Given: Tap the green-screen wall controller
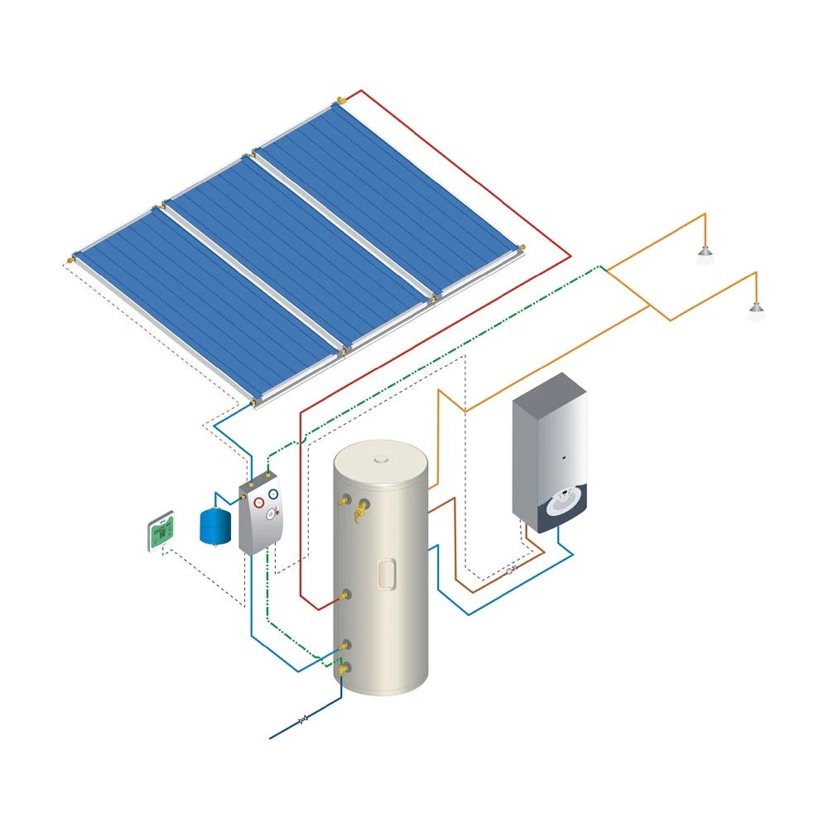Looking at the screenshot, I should pyautogui.click(x=161, y=532).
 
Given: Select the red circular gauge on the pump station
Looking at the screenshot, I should pyautogui.click(x=259, y=503).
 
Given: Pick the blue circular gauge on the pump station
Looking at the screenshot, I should pyautogui.click(x=272, y=494).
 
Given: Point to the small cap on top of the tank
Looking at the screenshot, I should pyautogui.click(x=381, y=456).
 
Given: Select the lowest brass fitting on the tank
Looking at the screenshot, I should pyautogui.click(x=344, y=667).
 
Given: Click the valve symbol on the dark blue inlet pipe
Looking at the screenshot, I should pyautogui.click(x=303, y=719).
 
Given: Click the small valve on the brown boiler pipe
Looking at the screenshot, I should pyautogui.click(x=510, y=570).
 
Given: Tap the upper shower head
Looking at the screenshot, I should pyautogui.click(x=705, y=252).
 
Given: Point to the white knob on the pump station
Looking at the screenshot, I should pyautogui.click(x=270, y=514).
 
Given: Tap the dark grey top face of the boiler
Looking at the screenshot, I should pyautogui.click(x=549, y=391).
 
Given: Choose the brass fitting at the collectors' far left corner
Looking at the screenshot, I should pyautogui.click(x=72, y=258).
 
